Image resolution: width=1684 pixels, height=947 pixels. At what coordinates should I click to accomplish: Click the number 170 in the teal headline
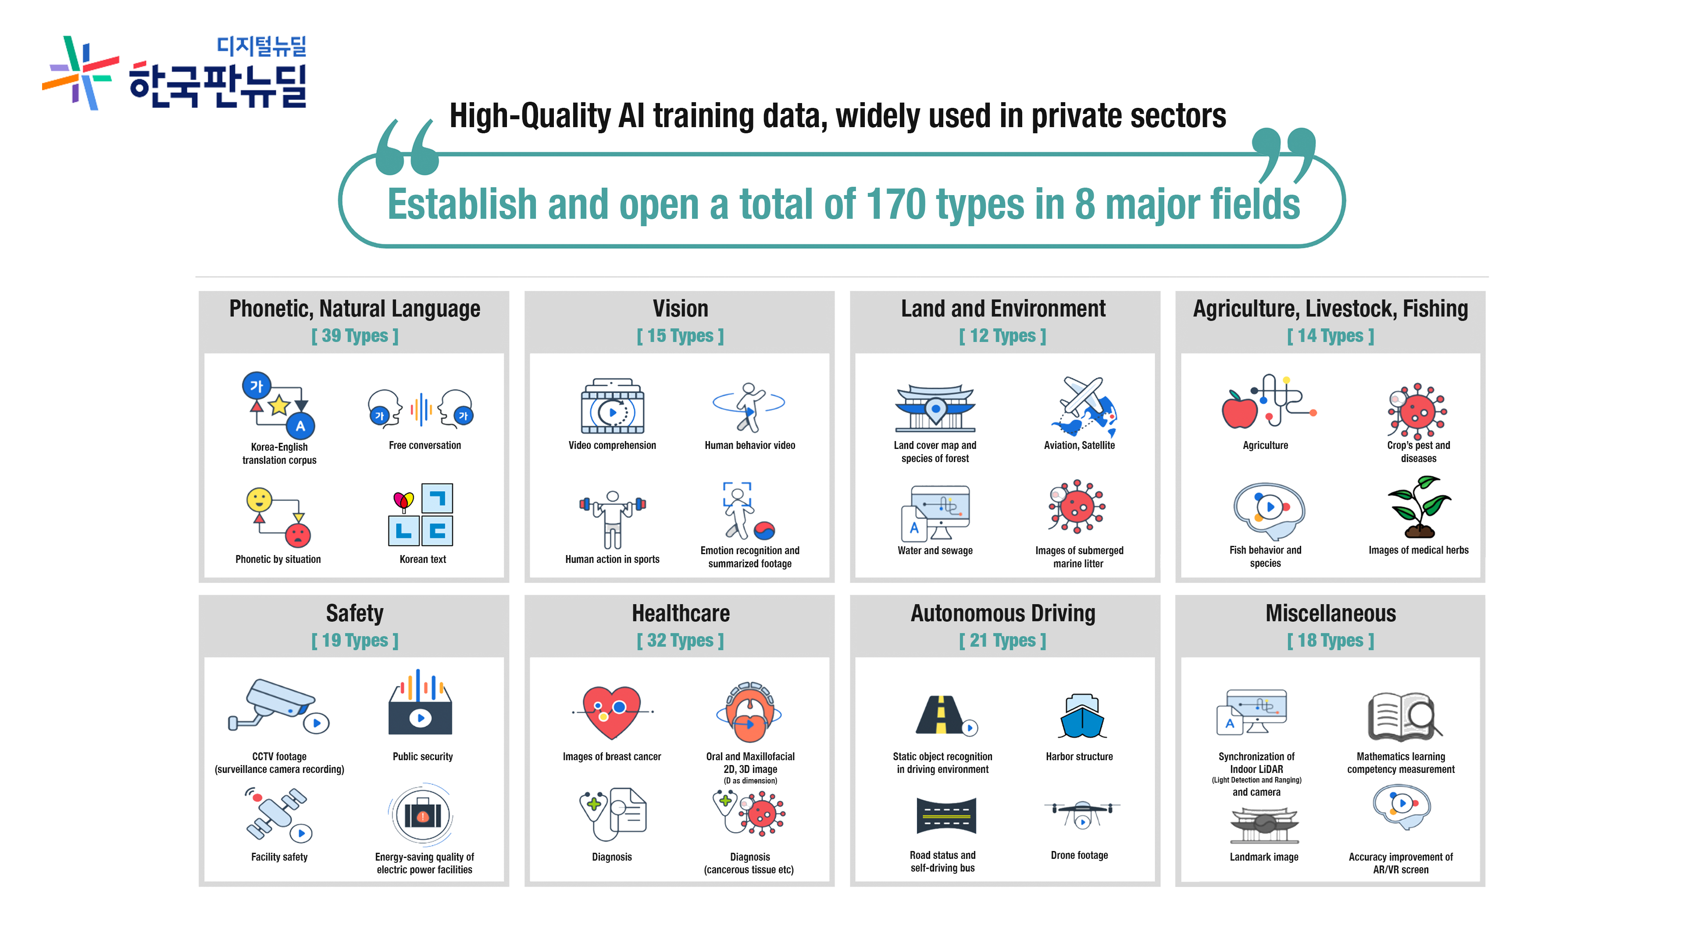896,205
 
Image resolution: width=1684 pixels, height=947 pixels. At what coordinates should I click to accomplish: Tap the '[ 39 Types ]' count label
354,336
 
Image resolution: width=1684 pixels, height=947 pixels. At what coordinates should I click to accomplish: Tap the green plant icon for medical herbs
1419,506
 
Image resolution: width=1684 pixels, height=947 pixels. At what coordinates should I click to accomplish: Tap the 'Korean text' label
423,559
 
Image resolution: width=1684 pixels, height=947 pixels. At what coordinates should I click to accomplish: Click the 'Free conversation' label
425,445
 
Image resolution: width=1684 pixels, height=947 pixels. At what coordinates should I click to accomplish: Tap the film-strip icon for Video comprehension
613,406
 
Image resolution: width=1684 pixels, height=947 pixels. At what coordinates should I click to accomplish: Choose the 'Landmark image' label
1263,857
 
